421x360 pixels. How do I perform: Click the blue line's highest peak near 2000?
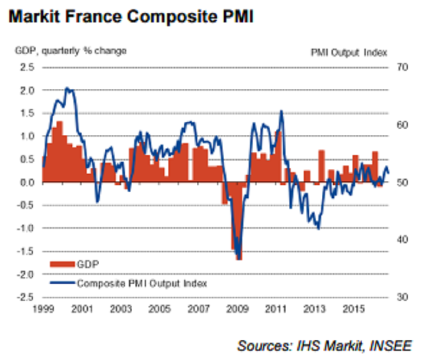tap(67, 88)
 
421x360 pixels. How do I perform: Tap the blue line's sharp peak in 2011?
tap(281, 111)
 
